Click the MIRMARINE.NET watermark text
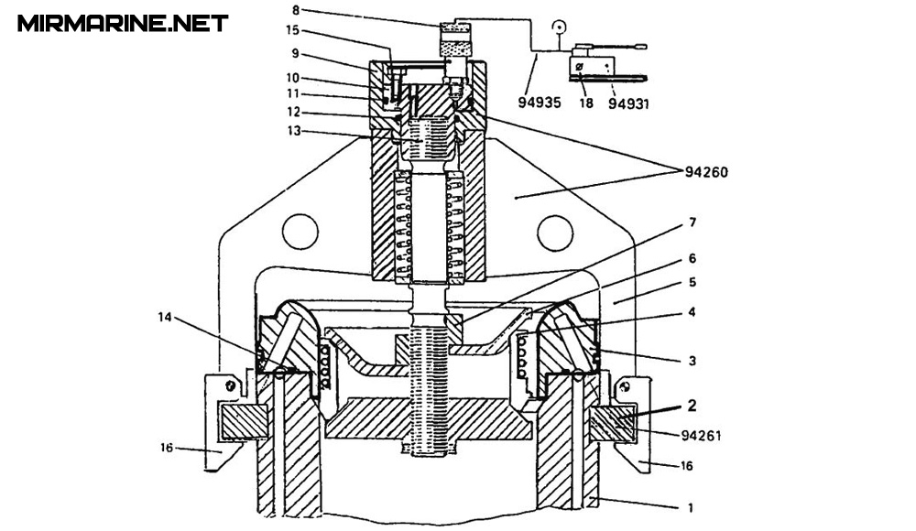click(x=123, y=23)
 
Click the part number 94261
click(x=702, y=436)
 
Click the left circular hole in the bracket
click(x=299, y=230)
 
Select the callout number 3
click(x=692, y=362)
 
